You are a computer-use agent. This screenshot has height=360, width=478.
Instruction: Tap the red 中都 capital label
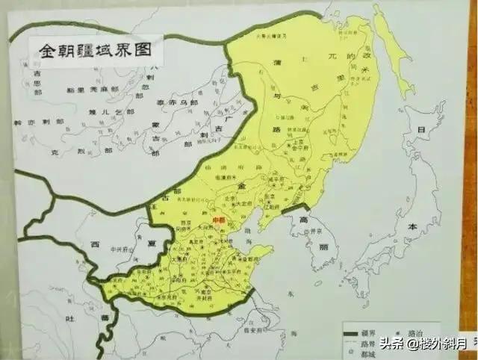pos(220,220)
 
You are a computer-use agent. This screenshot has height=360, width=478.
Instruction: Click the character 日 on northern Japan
pos(420,131)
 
